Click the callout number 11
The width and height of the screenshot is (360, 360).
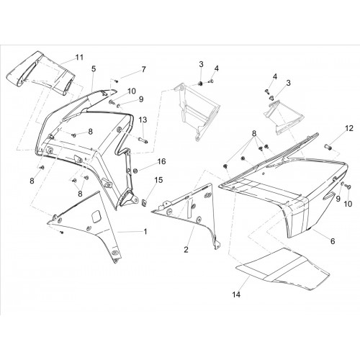pos(79,58)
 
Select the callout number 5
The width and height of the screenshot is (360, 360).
pos(94,69)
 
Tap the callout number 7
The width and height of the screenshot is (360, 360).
pos(143,69)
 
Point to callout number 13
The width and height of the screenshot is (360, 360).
pos(143,120)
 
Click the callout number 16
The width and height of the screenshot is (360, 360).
pos(161,161)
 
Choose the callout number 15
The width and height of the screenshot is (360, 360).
pos(158,180)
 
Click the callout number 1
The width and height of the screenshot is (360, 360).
pos(145,232)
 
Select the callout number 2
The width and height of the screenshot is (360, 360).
pos(186,250)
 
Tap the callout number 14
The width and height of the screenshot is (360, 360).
pos(236,294)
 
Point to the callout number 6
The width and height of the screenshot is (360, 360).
pos(333,241)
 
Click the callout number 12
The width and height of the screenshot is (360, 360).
pos(349,128)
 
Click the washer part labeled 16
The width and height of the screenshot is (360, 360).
pos(135,171)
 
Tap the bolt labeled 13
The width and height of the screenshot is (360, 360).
pos(143,140)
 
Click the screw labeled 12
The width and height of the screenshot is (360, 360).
pos(327,146)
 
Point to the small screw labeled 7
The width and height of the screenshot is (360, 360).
pos(117,81)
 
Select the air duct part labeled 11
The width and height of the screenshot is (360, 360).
pos(41,74)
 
